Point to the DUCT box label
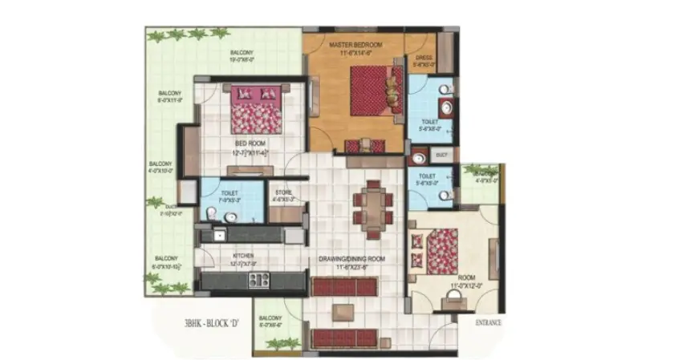click(440, 152)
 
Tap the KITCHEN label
click(243, 255)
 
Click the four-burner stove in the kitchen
click(258, 280)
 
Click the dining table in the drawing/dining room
click(374, 207)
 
